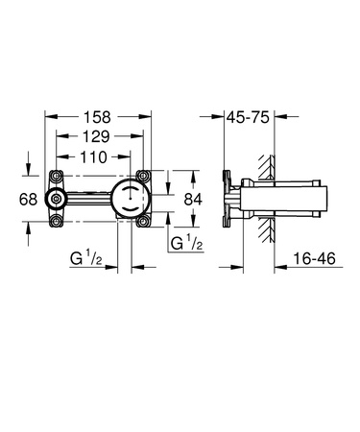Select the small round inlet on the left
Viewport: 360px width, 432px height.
(60, 200)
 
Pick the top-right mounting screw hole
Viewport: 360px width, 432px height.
(146, 177)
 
